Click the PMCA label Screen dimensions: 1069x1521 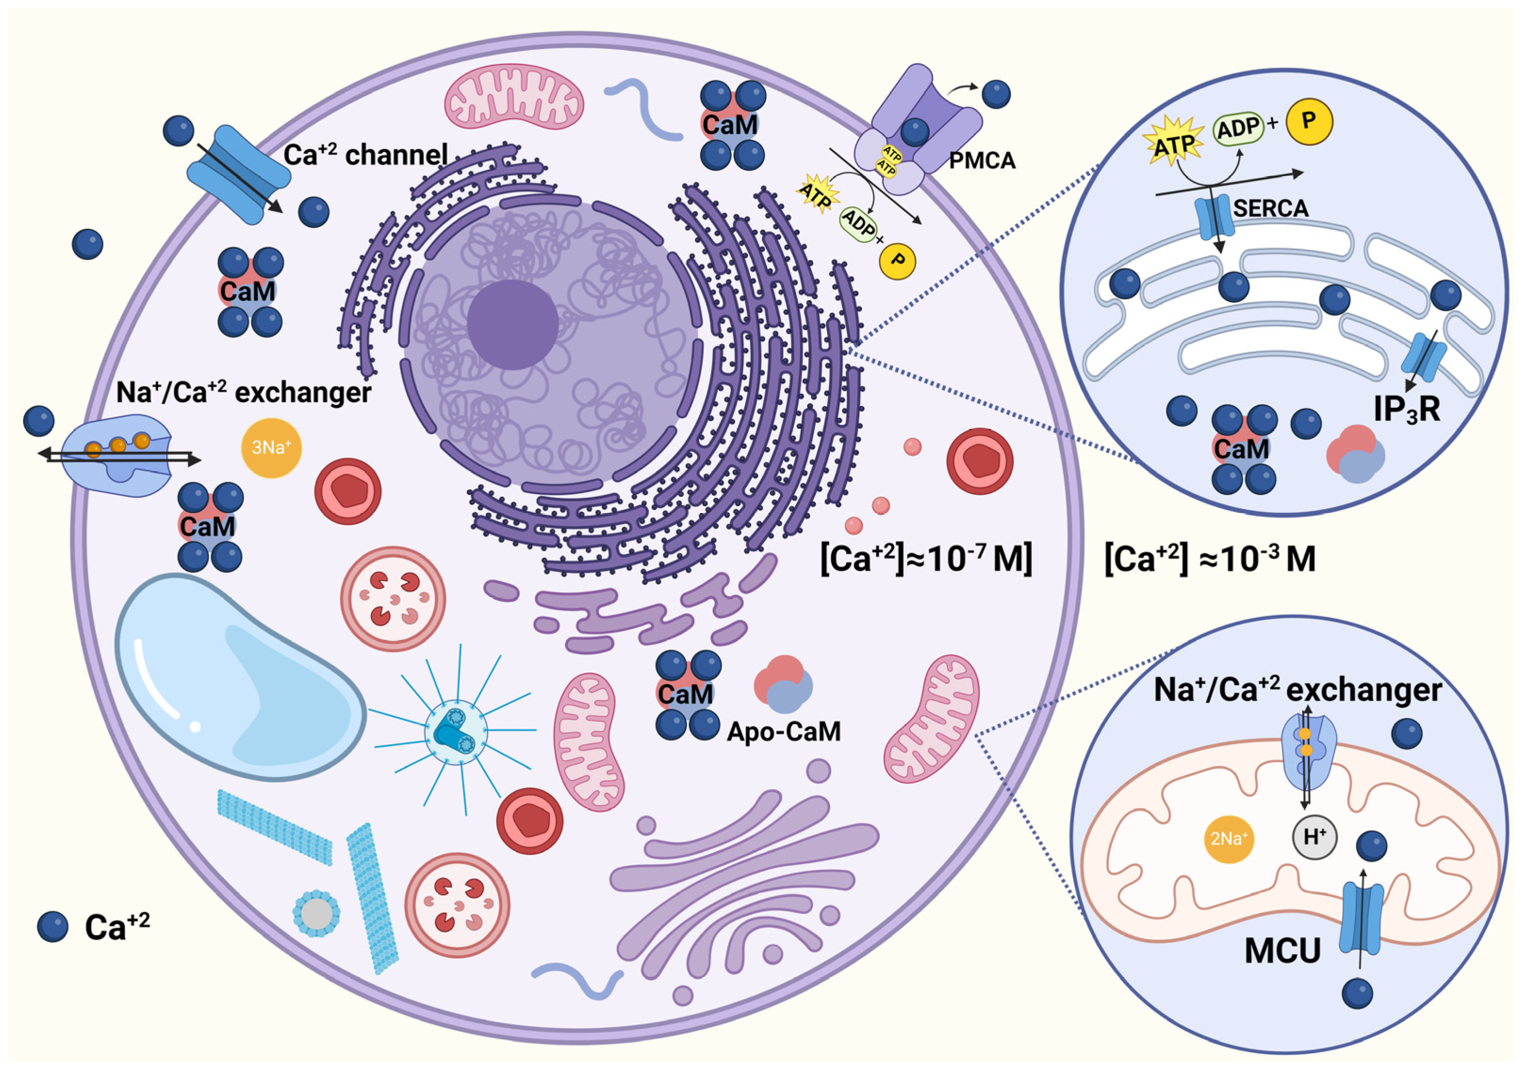point(981,161)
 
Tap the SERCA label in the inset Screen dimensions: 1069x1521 point(1270,208)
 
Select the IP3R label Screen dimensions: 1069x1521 point(1406,409)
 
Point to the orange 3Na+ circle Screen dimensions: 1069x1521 point(271,448)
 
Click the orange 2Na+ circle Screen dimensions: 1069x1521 point(1228,839)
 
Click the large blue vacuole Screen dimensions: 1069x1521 point(238,676)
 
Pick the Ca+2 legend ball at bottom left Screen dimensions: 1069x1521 point(52,926)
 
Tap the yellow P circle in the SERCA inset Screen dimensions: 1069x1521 point(1309,121)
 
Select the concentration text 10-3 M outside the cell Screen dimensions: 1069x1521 point(1209,559)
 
